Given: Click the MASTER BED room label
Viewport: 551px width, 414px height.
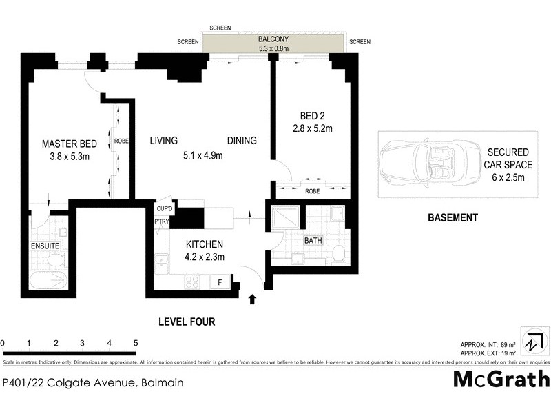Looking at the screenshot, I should click(70, 144).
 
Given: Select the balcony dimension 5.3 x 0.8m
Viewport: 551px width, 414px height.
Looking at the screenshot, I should click(273, 49).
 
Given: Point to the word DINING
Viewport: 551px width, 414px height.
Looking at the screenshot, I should click(242, 140).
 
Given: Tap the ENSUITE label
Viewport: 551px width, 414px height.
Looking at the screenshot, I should click(45, 246).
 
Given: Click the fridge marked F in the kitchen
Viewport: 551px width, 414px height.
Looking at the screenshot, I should click(220, 282).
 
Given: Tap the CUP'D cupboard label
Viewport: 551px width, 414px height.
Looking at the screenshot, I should click(165, 208).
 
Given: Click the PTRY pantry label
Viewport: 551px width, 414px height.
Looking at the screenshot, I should click(162, 221).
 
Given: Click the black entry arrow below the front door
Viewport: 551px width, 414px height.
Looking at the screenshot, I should click(252, 299).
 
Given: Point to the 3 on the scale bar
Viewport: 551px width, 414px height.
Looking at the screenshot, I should click(82, 343).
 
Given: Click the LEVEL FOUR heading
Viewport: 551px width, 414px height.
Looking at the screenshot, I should click(187, 321).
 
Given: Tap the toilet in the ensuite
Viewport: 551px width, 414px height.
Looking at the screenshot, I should click(56, 260).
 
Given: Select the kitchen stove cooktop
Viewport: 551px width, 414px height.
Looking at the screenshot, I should click(191, 282).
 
